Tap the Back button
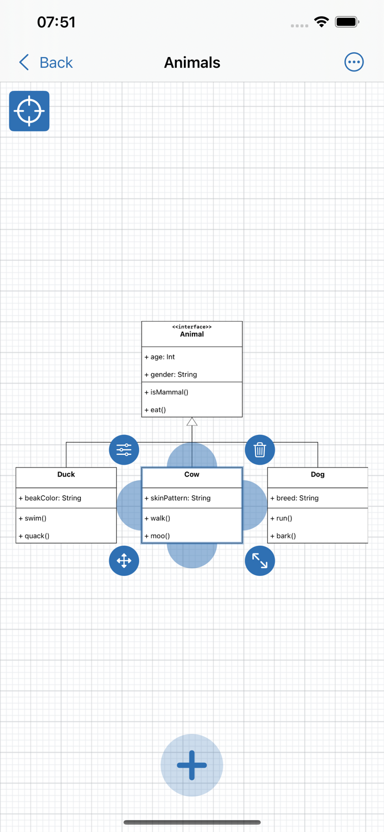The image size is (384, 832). click(x=46, y=63)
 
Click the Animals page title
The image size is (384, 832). click(x=192, y=63)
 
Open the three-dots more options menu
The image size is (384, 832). click(x=354, y=62)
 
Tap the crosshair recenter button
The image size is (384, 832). click(x=29, y=111)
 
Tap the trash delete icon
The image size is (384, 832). click(x=259, y=450)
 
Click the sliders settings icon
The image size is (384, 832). click(x=124, y=450)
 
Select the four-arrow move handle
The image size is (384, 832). click(x=124, y=561)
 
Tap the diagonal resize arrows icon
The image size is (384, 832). click(x=259, y=561)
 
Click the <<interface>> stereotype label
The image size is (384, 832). click(x=192, y=327)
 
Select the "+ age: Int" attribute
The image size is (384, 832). click(x=160, y=357)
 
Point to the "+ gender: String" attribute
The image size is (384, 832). click(x=171, y=374)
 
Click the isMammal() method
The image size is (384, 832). click(x=167, y=392)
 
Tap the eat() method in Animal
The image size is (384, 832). click(x=156, y=410)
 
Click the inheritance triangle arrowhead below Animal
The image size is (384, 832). click(x=192, y=422)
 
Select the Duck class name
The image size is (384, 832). click(x=66, y=474)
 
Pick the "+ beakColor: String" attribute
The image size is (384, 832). click(x=50, y=498)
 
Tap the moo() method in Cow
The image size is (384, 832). click(x=157, y=536)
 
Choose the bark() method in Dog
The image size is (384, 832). click(x=284, y=536)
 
